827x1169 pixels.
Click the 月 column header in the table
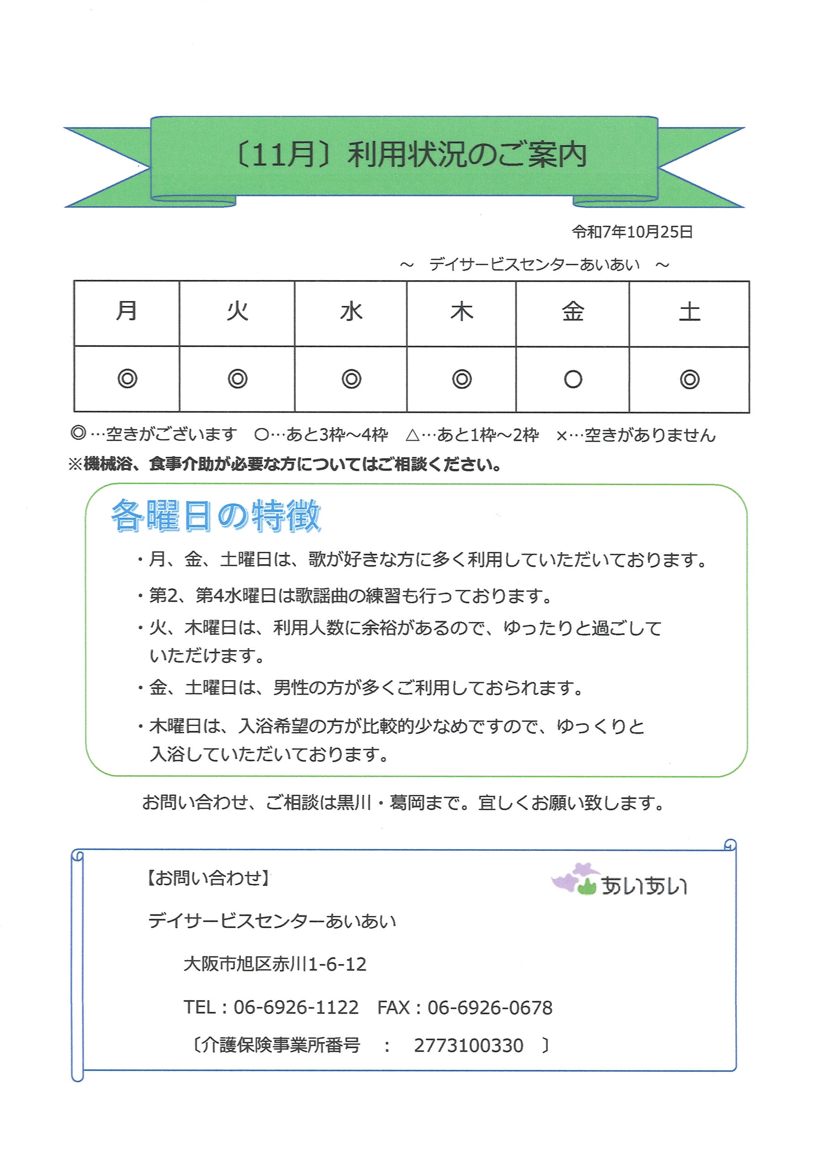127,311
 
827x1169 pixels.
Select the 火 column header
238,311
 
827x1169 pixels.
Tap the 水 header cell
351,311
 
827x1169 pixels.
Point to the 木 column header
461,311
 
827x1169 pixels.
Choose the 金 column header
573,311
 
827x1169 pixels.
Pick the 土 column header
689,311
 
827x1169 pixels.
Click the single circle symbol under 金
573,379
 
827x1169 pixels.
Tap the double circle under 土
689,379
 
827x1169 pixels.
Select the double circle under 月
127,379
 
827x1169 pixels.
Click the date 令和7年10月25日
632,232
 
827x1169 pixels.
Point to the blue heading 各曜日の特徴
216,516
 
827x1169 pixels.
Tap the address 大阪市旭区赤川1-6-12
275,964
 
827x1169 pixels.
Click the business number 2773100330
468,1046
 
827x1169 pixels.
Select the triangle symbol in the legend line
413,435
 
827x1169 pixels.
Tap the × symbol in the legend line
562,436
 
